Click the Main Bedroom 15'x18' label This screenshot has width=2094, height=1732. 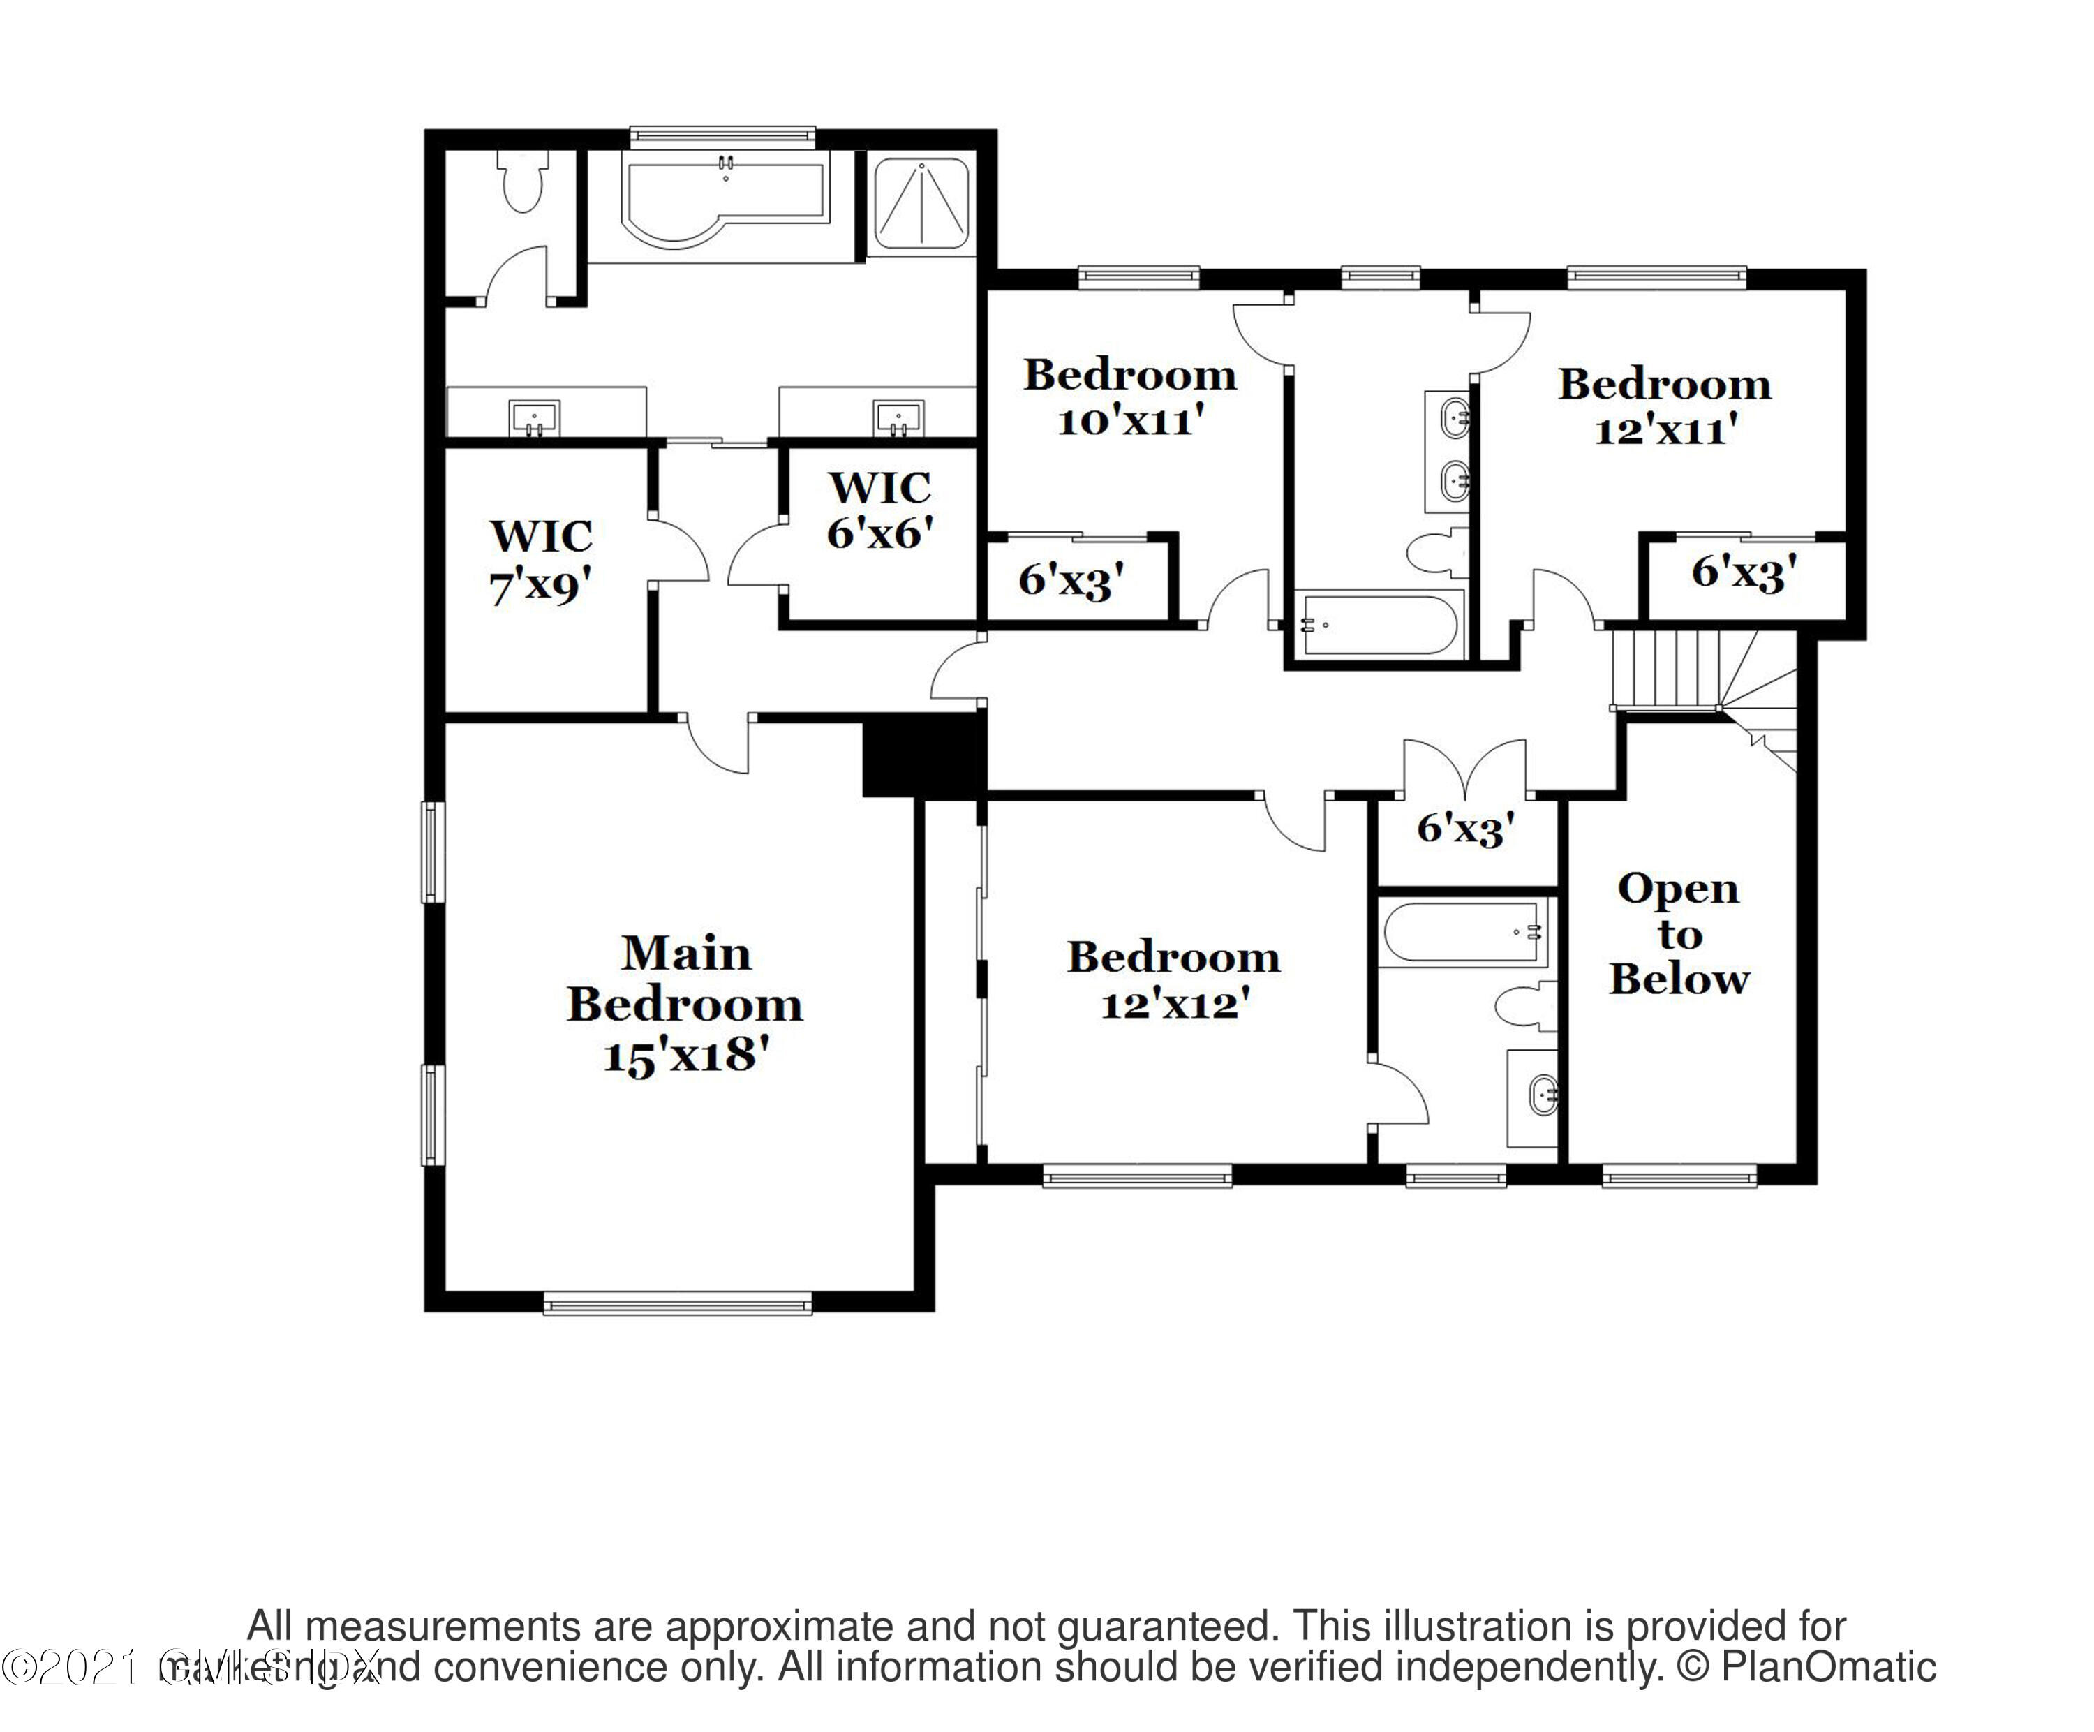coord(685,1004)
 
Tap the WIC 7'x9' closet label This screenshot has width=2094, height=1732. coord(540,561)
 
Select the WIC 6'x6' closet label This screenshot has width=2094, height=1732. coord(879,510)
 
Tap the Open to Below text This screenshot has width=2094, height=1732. coord(1679,934)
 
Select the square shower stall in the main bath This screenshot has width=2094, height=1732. coord(921,205)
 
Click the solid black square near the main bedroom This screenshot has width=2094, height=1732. coord(922,755)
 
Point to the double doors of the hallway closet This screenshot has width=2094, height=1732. coord(1465,766)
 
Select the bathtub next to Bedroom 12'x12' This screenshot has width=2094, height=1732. coord(1463,932)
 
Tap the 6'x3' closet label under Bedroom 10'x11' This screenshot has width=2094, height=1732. coord(1071,579)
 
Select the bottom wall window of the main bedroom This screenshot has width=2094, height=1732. coord(677,1302)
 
